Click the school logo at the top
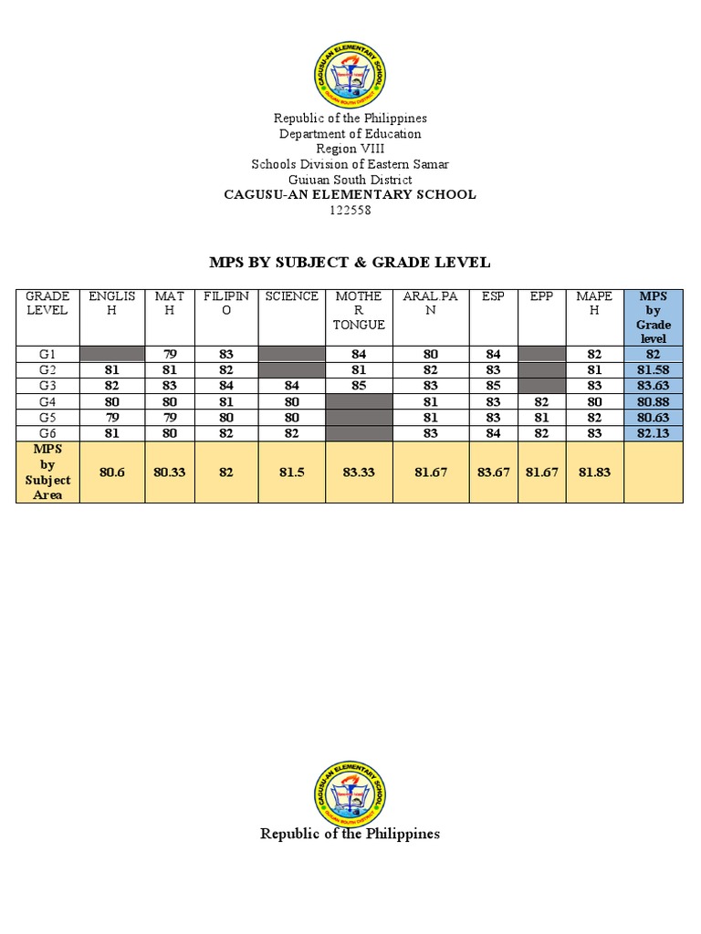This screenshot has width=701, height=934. click(350, 74)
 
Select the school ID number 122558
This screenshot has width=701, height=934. click(350, 211)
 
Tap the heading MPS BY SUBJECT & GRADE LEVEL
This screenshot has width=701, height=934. click(350, 263)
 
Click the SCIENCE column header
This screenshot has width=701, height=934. click(292, 296)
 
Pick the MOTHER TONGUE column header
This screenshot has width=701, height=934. click(359, 310)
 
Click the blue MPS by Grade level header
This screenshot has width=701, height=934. click(653, 317)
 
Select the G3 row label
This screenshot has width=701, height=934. click(47, 385)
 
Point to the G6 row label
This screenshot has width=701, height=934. click(47, 432)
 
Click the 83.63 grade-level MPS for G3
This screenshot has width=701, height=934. click(653, 385)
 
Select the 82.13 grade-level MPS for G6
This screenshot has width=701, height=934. click(653, 432)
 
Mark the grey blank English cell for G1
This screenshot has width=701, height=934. click(112, 354)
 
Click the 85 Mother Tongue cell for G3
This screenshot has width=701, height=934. click(359, 385)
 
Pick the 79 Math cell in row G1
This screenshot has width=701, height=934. click(169, 354)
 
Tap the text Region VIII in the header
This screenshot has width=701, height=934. click(350, 149)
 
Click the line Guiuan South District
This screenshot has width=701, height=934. click(350, 180)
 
